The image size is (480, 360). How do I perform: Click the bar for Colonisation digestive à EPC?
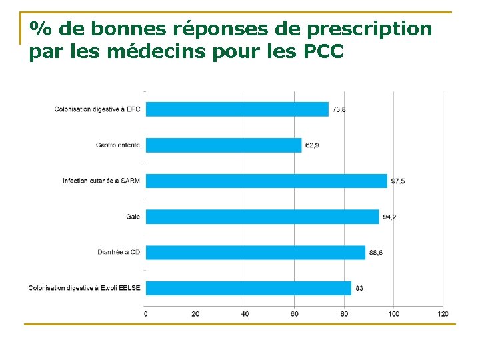(x=237, y=109)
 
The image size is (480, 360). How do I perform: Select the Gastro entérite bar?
(x=223, y=145)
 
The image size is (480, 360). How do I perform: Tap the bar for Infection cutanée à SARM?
(x=266, y=181)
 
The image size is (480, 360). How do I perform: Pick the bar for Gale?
(x=262, y=217)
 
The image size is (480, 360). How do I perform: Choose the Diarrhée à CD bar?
(x=255, y=253)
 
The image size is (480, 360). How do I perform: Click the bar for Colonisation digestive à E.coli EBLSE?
(x=248, y=288)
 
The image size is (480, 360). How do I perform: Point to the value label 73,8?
(x=339, y=109)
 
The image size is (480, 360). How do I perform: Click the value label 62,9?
(x=312, y=145)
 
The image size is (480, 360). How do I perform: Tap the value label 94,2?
(x=389, y=217)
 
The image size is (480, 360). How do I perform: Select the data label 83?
(x=359, y=289)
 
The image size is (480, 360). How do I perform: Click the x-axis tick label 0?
(x=146, y=313)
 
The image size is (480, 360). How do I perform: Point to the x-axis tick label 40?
(x=245, y=313)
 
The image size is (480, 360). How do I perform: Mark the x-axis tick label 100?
(x=393, y=313)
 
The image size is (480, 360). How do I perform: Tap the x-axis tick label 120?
(x=443, y=313)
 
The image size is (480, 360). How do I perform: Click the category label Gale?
(x=133, y=217)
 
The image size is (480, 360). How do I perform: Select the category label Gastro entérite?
(x=117, y=145)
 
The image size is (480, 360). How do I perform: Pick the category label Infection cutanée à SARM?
(x=101, y=181)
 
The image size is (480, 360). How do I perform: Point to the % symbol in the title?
(x=41, y=29)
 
